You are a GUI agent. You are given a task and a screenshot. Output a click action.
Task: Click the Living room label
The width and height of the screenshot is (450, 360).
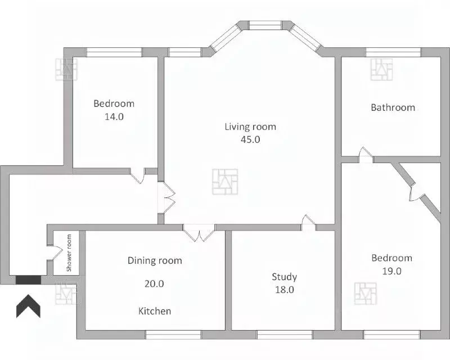(250, 127)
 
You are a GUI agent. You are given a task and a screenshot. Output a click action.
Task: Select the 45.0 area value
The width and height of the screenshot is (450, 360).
(250, 139)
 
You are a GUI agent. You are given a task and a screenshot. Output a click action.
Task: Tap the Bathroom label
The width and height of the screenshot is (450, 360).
(393, 107)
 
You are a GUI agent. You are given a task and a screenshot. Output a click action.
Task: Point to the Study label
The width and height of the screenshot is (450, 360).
(284, 277)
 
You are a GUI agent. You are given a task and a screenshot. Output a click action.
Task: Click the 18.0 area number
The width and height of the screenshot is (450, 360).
(285, 290)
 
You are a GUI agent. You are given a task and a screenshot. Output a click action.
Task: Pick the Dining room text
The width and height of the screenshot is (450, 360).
(155, 260)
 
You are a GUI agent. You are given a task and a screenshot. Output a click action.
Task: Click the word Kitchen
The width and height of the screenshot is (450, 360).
(155, 311)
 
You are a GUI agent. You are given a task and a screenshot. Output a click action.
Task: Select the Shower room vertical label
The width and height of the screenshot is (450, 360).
(69, 253)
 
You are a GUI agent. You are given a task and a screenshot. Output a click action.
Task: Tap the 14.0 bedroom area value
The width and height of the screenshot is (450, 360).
(114, 116)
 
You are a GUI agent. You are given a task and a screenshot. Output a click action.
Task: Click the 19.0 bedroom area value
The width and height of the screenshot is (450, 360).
(391, 271)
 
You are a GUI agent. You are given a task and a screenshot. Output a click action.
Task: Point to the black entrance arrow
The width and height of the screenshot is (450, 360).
(28, 306)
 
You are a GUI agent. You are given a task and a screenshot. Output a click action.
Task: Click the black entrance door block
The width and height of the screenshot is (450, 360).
(28, 280)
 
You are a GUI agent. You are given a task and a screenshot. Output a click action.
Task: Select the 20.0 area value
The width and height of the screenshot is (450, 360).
(154, 283)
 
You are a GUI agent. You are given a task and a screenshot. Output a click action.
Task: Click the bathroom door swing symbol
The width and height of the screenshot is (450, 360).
(366, 155)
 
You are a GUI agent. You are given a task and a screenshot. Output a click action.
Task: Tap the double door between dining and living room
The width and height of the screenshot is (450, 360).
(199, 232)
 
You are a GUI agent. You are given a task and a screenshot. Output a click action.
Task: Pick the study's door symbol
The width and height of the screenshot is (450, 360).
(308, 223)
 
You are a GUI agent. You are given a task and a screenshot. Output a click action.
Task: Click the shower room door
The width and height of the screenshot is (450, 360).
(55, 253)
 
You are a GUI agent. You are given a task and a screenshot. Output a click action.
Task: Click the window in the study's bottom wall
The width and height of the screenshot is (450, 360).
(285, 335)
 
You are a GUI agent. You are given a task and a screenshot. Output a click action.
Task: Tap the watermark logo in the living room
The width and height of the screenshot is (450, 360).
(225, 182)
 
